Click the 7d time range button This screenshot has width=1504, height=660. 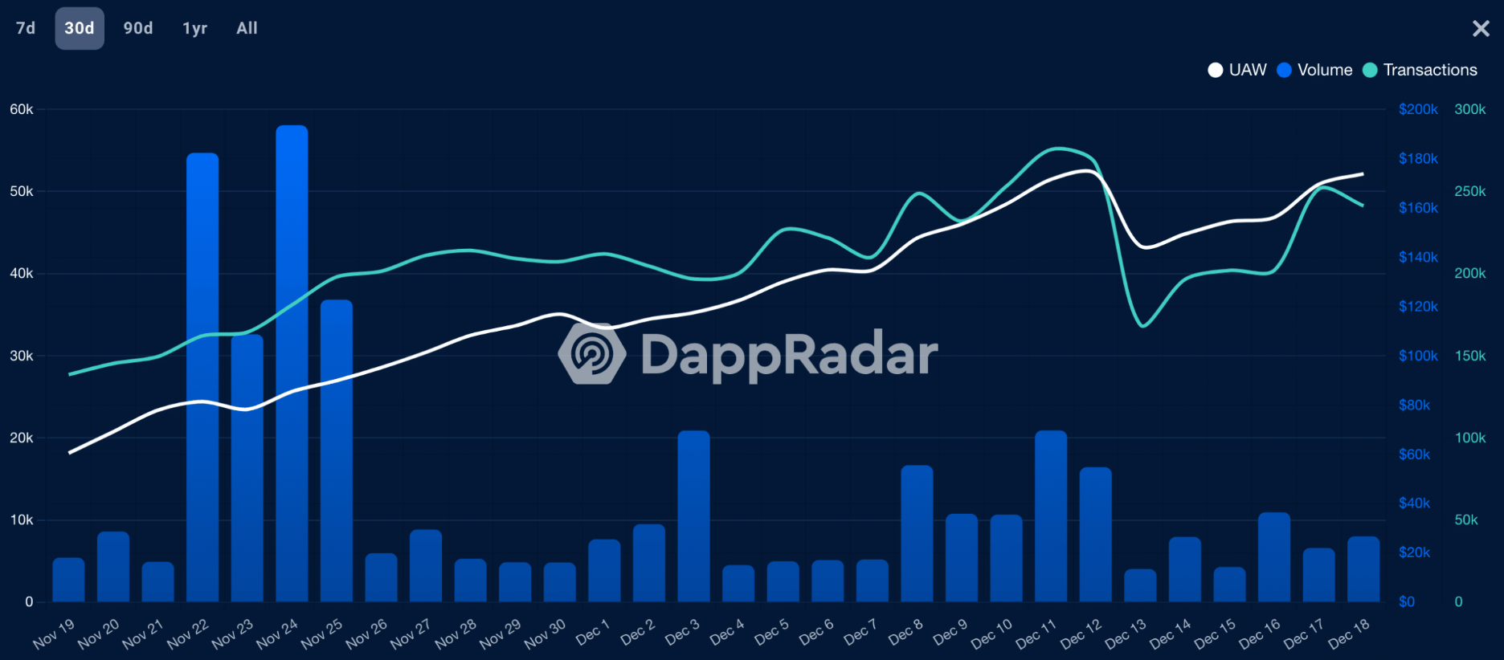pyautogui.click(x=26, y=28)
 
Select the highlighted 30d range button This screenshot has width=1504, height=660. pyautogui.click(x=80, y=28)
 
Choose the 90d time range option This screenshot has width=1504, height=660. pyautogui.click(x=138, y=28)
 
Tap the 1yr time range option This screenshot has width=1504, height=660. pyautogui.click(x=194, y=28)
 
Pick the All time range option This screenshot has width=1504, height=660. pyautogui.click(x=247, y=28)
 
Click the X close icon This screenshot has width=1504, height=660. pyautogui.click(x=1481, y=29)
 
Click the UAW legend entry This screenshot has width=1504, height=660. pyautogui.click(x=1238, y=70)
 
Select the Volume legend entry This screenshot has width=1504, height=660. pyautogui.click(x=1315, y=70)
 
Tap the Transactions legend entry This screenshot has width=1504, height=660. pyautogui.click(x=1420, y=70)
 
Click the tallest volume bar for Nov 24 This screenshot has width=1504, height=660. pyautogui.click(x=292, y=361)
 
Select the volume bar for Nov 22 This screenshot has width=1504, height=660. pyautogui.click(x=202, y=377)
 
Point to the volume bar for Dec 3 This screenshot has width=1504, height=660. pyautogui.click(x=693, y=516)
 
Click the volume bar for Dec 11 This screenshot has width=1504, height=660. pyautogui.click(x=1051, y=516)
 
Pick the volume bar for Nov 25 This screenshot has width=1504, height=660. pyautogui.click(x=337, y=450)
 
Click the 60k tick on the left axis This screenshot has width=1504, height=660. pyautogui.click(x=22, y=109)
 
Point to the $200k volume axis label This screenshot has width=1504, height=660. pyautogui.click(x=1418, y=109)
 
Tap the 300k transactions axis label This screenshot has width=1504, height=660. pyautogui.click(x=1469, y=109)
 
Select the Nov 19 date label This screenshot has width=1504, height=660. pyautogui.click(x=54, y=634)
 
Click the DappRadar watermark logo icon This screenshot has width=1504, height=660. pyautogui.click(x=592, y=353)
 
